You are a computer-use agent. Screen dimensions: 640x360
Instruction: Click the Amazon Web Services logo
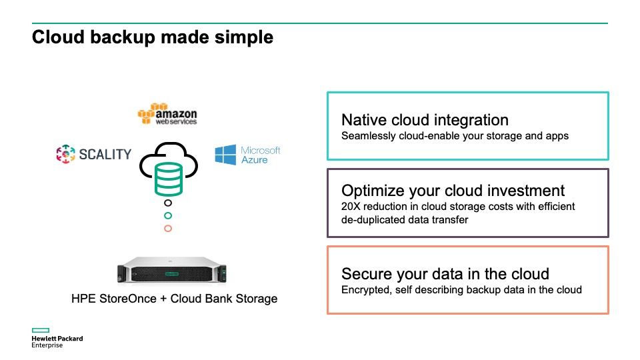[x=167, y=114]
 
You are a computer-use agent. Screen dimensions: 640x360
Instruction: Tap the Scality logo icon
[x=66, y=154]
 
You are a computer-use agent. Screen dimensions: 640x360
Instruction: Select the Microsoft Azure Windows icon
[x=225, y=155]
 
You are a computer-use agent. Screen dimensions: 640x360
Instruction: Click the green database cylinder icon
[x=168, y=179]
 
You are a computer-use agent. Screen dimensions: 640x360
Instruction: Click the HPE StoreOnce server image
[x=172, y=270]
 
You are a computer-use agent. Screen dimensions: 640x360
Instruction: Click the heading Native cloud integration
[x=425, y=120]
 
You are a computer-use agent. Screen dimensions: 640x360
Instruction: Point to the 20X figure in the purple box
[x=351, y=207]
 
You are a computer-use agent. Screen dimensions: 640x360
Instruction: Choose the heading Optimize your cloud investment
[x=453, y=191]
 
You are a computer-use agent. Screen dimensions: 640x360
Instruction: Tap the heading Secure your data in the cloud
[x=445, y=274]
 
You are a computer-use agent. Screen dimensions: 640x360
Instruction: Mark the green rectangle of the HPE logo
[x=41, y=330]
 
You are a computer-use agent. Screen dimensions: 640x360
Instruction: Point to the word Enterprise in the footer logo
[x=47, y=345]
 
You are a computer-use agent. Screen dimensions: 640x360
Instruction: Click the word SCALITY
[x=105, y=154]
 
